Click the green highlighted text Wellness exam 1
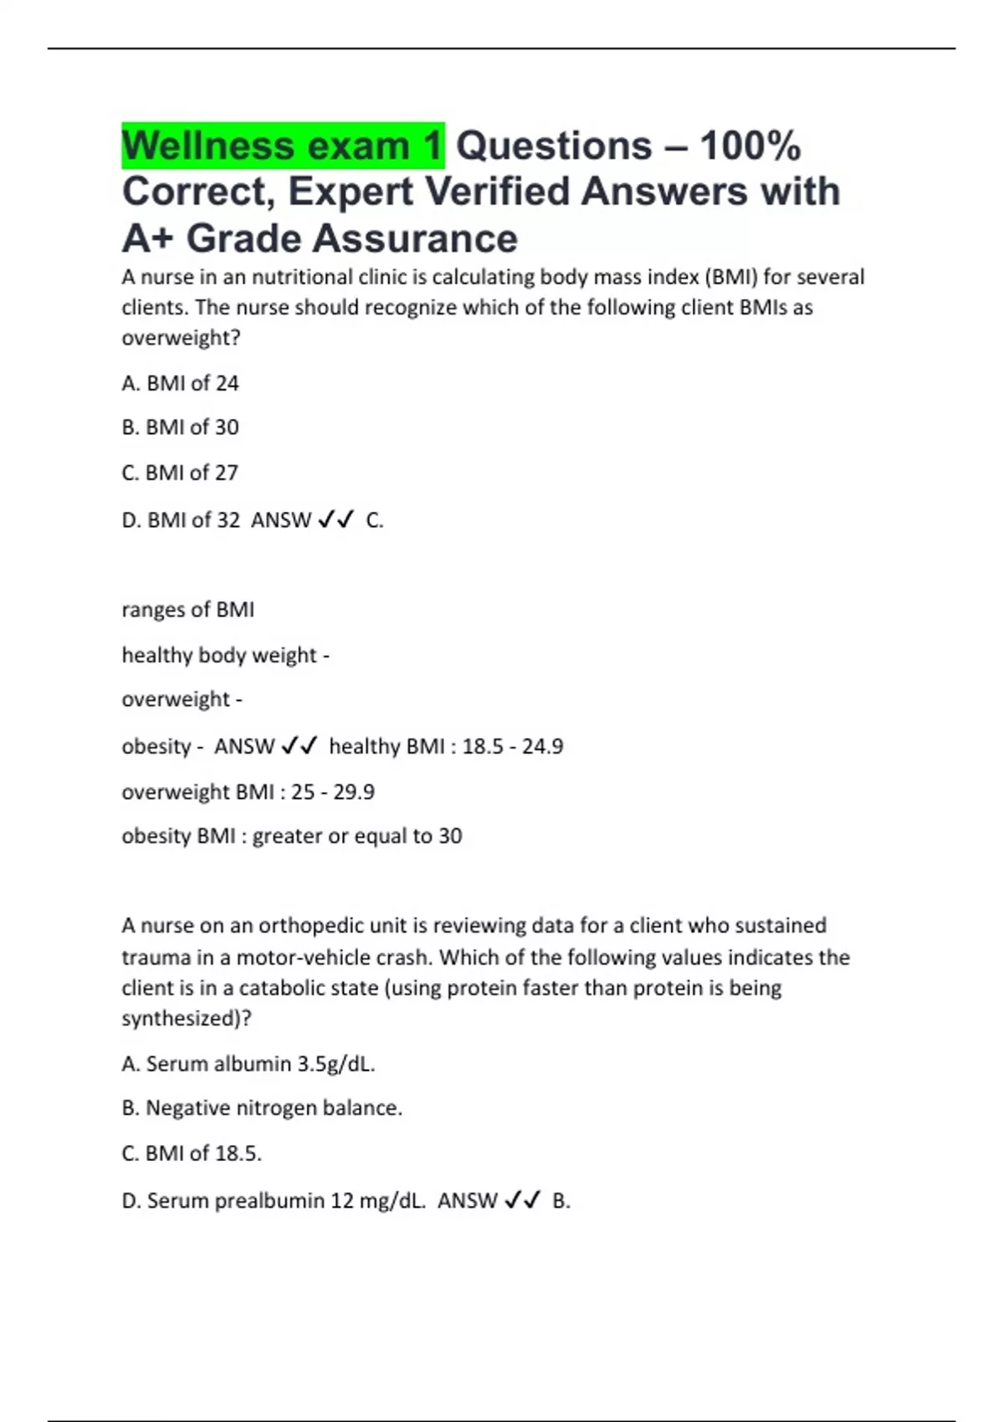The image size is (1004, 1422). click(282, 146)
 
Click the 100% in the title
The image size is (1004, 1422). click(750, 146)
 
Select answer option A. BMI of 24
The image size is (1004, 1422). click(180, 383)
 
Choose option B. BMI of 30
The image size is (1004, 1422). click(180, 427)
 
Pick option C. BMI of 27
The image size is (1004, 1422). click(180, 473)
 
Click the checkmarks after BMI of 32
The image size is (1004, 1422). click(336, 519)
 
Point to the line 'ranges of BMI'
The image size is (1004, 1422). click(187, 610)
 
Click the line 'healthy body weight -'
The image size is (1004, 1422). click(225, 655)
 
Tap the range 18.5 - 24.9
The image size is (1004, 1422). click(512, 746)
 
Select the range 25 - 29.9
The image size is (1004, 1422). click(332, 791)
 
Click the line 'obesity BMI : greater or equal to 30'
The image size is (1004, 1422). click(291, 836)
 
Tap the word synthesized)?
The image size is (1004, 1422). click(187, 1019)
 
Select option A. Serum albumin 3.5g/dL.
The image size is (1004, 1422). click(248, 1064)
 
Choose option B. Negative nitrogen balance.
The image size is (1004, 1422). click(262, 1108)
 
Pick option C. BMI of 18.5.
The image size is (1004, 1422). click(192, 1153)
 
